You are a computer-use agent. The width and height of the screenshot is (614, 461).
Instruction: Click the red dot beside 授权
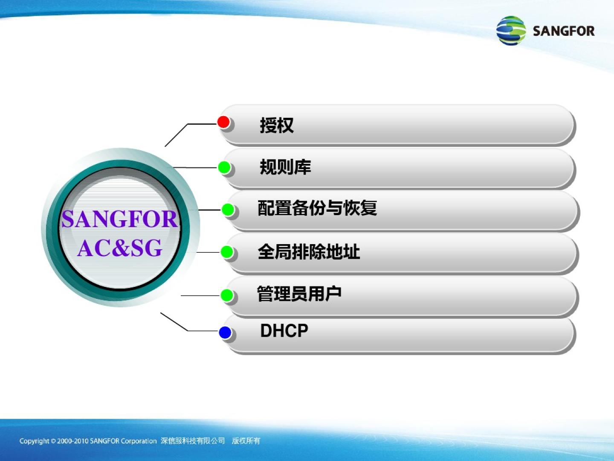(223, 122)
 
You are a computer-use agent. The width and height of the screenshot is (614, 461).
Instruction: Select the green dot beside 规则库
(224, 167)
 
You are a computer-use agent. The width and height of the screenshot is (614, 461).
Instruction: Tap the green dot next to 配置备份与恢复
(228, 210)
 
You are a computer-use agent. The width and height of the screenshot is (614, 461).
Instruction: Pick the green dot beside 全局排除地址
(227, 252)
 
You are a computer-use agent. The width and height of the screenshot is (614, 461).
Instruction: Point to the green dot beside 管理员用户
(227, 295)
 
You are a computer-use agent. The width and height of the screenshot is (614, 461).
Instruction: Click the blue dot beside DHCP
(225, 332)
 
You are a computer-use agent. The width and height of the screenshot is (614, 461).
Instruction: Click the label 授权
(277, 125)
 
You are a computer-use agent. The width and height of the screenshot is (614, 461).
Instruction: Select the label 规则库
(285, 167)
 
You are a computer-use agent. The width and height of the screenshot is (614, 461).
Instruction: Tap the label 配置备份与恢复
(317, 208)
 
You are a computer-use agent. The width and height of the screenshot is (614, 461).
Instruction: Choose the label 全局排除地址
(309, 252)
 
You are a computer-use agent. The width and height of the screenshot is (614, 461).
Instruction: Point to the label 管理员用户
(299, 294)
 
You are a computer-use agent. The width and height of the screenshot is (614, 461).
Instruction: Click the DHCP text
(284, 330)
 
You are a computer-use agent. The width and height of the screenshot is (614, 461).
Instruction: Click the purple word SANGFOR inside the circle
(120, 219)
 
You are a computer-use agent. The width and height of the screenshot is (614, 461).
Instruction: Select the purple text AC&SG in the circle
(120, 248)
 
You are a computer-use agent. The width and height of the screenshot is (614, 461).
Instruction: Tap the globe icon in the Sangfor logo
(511, 30)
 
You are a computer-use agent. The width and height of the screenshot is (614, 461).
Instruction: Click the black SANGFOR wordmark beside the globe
(564, 31)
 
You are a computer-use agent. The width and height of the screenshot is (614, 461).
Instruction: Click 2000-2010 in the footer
(73, 441)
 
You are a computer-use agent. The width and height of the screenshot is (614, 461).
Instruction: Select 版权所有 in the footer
(246, 441)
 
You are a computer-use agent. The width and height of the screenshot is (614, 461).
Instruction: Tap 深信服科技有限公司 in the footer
(193, 441)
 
